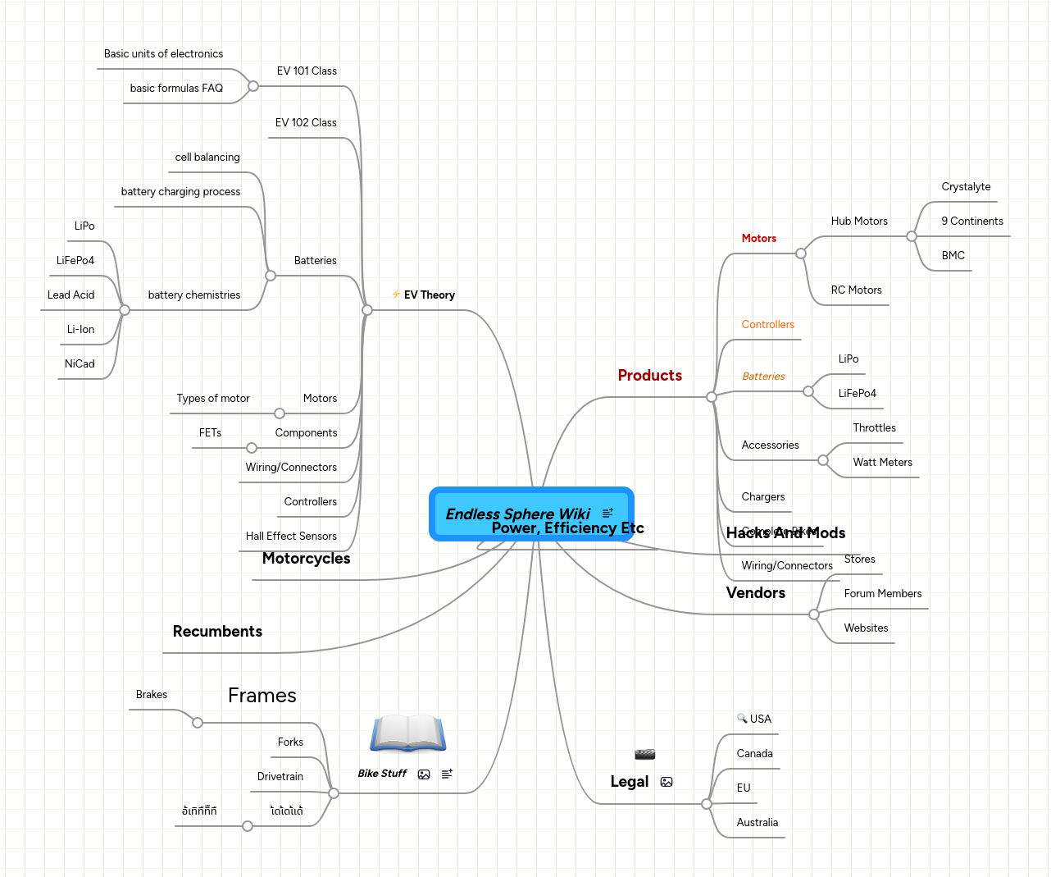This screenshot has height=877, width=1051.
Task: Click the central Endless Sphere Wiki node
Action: (518, 514)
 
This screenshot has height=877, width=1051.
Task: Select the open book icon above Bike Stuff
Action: (407, 733)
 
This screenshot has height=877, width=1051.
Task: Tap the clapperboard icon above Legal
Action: (644, 754)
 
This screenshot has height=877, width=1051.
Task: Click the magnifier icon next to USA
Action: (742, 719)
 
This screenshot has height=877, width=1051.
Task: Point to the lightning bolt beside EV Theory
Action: (396, 295)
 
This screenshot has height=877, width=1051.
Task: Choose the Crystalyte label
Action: (966, 187)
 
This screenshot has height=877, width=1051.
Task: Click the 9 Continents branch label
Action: (971, 222)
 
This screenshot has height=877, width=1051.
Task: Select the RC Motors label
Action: (856, 290)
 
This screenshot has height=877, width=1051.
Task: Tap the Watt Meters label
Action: (882, 463)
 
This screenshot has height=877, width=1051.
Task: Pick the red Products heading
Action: (649, 376)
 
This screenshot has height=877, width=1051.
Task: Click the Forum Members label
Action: (882, 594)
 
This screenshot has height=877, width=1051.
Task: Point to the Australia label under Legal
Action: (757, 823)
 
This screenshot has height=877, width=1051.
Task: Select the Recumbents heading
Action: (217, 632)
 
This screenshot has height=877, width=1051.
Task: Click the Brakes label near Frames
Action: (151, 695)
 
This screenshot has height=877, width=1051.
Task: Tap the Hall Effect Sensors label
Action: (291, 537)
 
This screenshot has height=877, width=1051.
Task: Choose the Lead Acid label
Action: (71, 295)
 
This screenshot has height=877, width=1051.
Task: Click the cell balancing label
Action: (207, 158)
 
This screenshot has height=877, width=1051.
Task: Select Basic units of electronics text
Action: (163, 54)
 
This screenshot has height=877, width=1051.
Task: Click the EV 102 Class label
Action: (306, 123)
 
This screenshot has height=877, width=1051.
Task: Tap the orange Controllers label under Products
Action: (767, 325)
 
